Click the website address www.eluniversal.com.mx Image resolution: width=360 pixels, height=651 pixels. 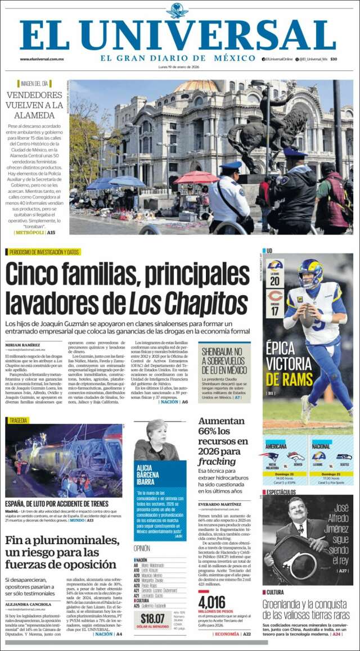click(42, 59)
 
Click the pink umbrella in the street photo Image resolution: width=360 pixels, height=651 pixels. click(196, 178)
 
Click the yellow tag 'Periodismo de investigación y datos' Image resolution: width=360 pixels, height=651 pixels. click(43, 252)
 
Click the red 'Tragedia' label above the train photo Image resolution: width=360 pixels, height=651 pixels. click(18, 420)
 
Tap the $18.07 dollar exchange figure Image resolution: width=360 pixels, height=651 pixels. click(152, 618)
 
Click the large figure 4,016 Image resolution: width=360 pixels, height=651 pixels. click(212, 602)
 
